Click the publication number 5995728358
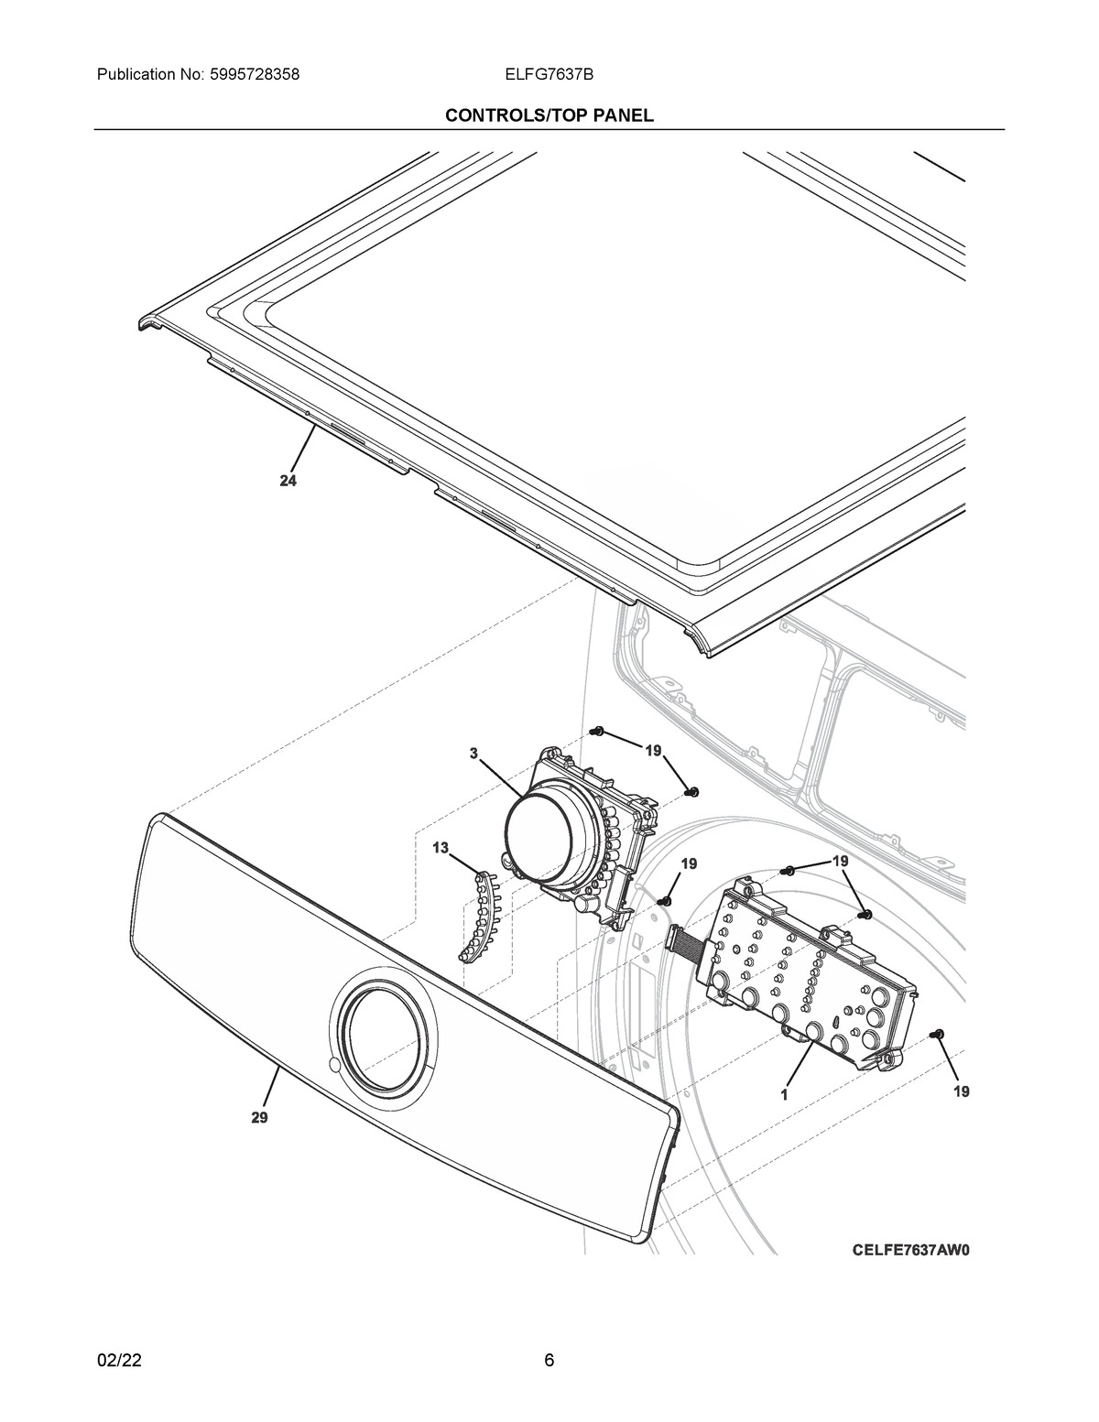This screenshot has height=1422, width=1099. pos(246,74)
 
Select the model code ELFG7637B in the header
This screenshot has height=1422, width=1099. pos(549,74)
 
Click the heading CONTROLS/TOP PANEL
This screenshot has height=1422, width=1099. pos(549,115)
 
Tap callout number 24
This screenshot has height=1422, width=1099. pos(288,483)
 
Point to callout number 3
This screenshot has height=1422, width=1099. pos(473,754)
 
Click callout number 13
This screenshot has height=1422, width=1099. pos(441,849)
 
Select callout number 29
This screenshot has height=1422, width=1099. pos(259,1117)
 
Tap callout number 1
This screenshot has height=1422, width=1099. pos(785,1093)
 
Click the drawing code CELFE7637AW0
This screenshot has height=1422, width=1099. pos(909,1249)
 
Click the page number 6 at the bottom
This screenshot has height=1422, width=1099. pos(549,1360)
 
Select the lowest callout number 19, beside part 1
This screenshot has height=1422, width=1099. pos(961,1091)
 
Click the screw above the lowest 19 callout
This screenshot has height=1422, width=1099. pos(935,1034)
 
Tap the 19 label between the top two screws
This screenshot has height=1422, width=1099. pos(652,751)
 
